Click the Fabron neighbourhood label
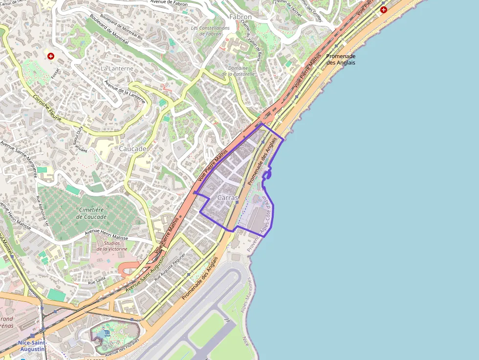click(x=240, y=17)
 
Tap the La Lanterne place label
click(x=117, y=69)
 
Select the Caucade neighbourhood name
click(x=132, y=148)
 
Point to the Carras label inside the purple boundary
click(x=227, y=198)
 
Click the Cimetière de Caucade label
click(x=92, y=213)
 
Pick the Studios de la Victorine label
click(x=111, y=246)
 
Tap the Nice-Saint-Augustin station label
click(x=31, y=346)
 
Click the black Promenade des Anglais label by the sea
click(x=341, y=59)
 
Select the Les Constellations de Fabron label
click(x=210, y=31)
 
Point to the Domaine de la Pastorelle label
click(x=238, y=71)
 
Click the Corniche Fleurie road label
click(x=47, y=108)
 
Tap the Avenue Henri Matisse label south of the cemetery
click(x=107, y=234)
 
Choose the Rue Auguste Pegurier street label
click(x=170, y=267)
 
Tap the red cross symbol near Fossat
click(x=50, y=56)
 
